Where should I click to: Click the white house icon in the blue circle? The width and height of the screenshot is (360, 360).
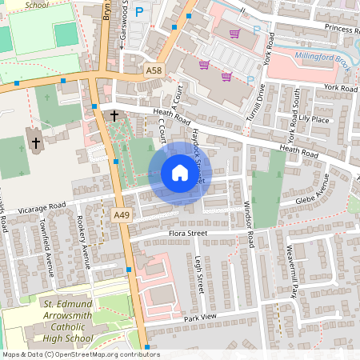(x=180, y=172)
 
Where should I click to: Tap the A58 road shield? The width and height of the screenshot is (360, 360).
(x=155, y=72)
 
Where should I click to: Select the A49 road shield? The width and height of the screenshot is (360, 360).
(x=122, y=215)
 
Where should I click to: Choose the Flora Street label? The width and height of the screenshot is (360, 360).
(x=188, y=234)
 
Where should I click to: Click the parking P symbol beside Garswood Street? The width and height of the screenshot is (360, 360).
(x=140, y=13)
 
